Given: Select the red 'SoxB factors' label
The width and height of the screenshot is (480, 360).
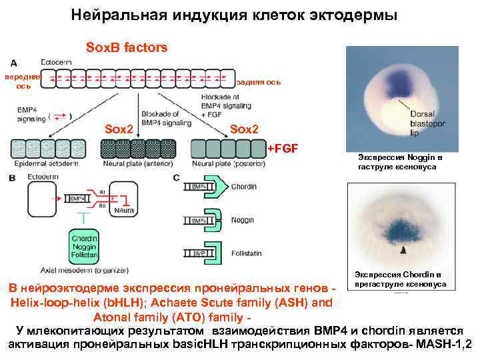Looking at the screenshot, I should coord(127,47).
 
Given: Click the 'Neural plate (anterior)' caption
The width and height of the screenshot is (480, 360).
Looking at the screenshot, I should coord(139,163).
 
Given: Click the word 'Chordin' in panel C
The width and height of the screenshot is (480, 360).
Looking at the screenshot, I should coord(243,187).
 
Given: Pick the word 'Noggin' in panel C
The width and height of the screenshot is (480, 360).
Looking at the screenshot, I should coord(242,219).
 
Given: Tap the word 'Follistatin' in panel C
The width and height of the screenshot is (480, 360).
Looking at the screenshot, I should coord(246,253).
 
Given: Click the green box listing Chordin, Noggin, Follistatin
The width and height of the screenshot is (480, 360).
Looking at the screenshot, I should coord(85,245).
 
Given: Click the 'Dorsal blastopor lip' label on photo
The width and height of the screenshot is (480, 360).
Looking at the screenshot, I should coord(427,123).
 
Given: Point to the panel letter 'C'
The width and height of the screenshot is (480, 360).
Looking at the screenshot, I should coord(176,177).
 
